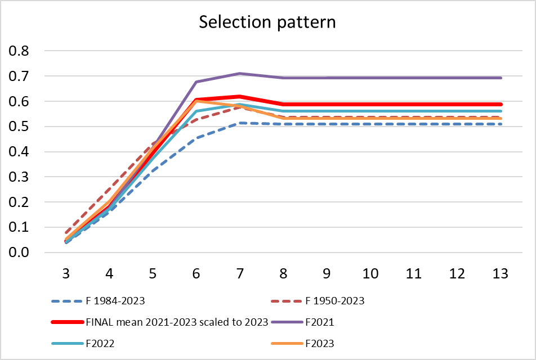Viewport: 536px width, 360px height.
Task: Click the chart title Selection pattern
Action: click(x=267, y=22)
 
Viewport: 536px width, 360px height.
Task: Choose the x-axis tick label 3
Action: click(x=66, y=274)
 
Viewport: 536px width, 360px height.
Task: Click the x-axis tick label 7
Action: click(x=240, y=274)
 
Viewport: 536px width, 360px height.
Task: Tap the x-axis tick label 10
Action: click(x=370, y=274)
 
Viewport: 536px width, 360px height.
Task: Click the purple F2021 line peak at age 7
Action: click(x=240, y=74)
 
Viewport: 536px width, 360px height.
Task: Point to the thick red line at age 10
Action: click(x=370, y=104)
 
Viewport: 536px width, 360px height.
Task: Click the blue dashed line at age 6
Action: click(x=196, y=138)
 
